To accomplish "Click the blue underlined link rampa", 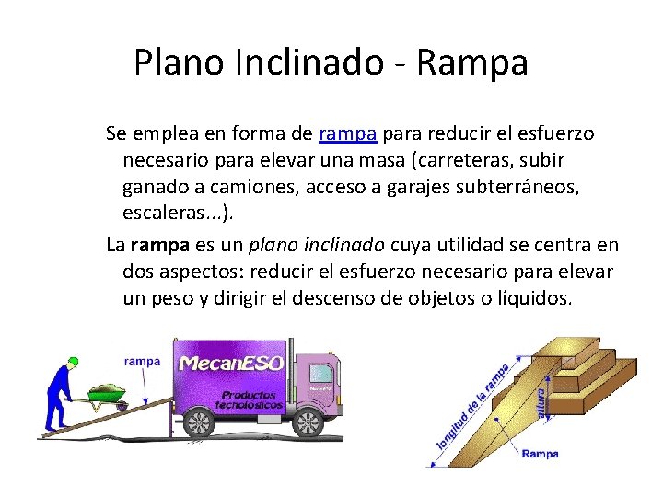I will pos(347,133).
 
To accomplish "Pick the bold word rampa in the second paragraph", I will pos(160,246).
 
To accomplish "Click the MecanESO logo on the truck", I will pos(229,363).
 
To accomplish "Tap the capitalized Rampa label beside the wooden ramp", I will pos(540,454).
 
